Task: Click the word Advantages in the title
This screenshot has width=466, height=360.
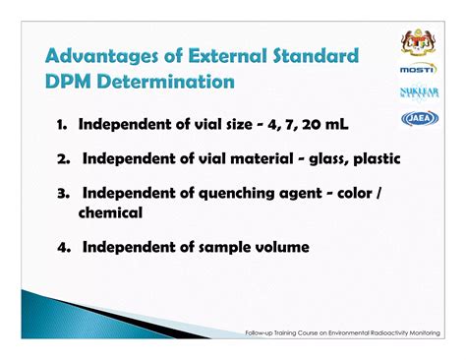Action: (x=102, y=56)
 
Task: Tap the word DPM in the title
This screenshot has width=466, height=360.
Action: (x=68, y=82)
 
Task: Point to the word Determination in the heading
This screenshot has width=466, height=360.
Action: (x=166, y=82)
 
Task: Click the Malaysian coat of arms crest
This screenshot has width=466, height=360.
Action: (x=418, y=42)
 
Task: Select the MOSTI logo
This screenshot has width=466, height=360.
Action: (x=419, y=69)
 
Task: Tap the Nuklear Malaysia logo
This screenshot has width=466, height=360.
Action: (x=420, y=92)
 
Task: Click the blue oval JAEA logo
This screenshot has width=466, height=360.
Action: (x=420, y=118)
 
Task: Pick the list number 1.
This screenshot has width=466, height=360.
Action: (x=61, y=125)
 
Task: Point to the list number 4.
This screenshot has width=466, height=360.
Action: (x=63, y=248)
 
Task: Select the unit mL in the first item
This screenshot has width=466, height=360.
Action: (x=336, y=125)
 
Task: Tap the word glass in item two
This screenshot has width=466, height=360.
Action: (x=327, y=159)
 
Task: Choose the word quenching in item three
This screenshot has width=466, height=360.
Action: (x=236, y=194)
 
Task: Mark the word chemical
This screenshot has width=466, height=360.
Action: (x=110, y=212)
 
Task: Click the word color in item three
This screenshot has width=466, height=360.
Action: (x=355, y=194)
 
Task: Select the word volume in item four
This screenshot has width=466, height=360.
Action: (x=282, y=248)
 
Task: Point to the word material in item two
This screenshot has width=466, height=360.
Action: (x=262, y=159)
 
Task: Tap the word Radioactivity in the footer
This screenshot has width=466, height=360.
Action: (x=386, y=333)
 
